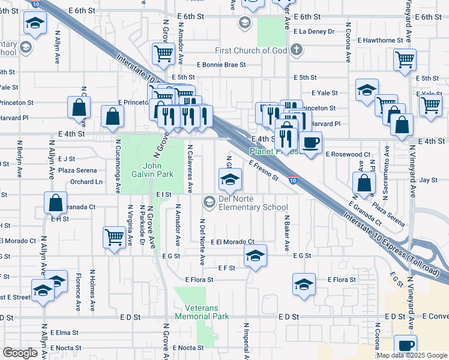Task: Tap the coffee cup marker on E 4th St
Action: click(x=310, y=143)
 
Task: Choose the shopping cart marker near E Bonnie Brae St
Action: click(x=163, y=54)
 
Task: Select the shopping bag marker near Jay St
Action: click(x=364, y=182)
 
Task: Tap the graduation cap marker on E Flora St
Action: click(x=304, y=284)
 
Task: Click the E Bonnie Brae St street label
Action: click(x=221, y=65)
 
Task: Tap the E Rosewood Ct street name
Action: click(x=348, y=154)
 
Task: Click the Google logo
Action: click(x=20, y=353)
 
